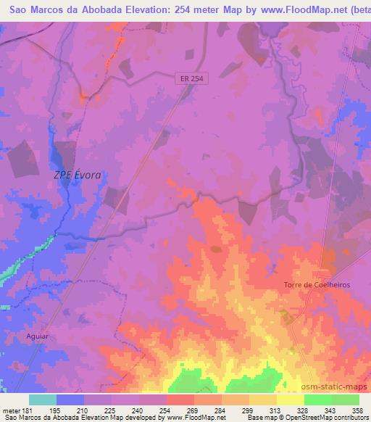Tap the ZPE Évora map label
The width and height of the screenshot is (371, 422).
point(78,175)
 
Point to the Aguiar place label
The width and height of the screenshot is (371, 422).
point(37,337)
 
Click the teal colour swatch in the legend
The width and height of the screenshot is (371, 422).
point(43,400)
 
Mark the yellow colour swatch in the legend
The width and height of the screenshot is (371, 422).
point(290,400)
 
